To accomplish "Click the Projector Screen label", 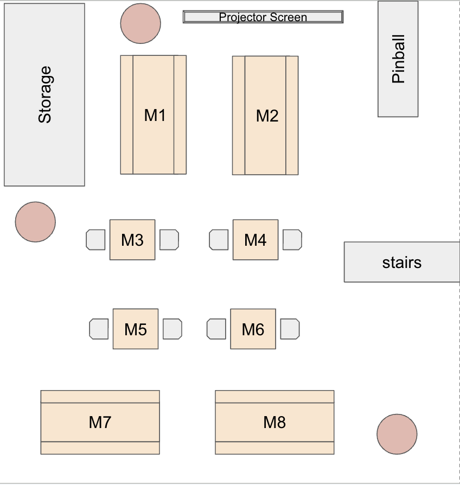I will click(263, 17).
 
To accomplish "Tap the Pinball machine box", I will click(398, 59).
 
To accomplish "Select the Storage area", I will click(44, 95).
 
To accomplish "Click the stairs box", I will click(401, 262).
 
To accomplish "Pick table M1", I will click(154, 115).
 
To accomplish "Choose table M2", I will click(266, 116).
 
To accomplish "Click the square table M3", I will click(132, 240).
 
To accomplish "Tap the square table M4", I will click(255, 240).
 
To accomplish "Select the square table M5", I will click(136, 329).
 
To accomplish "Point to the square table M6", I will click(253, 329).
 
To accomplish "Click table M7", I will click(100, 422).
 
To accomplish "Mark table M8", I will click(274, 422).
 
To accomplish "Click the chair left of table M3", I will click(96, 240).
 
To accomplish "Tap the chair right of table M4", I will click(292, 240).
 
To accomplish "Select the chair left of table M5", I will click(99, 329).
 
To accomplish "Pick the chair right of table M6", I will click(290, 329).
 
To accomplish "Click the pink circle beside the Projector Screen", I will click(140, 23).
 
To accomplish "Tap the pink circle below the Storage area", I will click(35, 222).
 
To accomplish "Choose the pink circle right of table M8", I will click(397, 434).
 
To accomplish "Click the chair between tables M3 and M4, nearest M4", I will click(219, 240).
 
